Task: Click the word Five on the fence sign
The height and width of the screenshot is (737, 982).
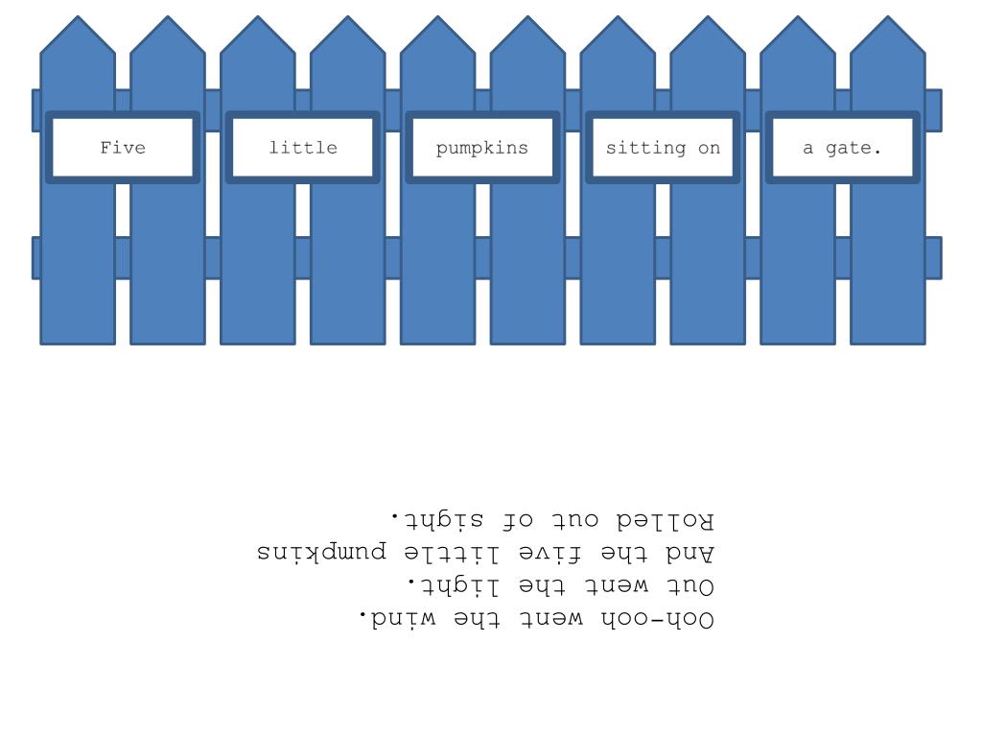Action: [x=123, y=148]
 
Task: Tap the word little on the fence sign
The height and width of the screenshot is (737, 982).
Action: [x=303, y=147]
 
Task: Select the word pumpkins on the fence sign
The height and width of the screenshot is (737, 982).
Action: [x=482, y=149]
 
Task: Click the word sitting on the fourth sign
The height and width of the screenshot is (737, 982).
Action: [x=645, y=149]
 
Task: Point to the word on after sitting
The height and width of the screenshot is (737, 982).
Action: [x=710, y=149]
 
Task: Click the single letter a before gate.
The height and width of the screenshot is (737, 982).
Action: [x=807, y=149]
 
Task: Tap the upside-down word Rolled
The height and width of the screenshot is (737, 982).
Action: [x=666, y=520]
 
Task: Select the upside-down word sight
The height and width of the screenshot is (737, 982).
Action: [x=438, y=519]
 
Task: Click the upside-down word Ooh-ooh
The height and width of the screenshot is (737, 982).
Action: [x=658, y=619]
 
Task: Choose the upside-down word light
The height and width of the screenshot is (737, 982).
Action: [x=454, y=585]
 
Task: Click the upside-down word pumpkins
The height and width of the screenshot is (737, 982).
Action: [x=322, y=552]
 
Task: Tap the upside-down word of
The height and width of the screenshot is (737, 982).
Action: [x=518, y=520]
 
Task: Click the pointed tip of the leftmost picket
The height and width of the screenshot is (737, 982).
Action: [x=78, y=15]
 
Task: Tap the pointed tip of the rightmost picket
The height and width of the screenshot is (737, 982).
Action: [x=888, y=15]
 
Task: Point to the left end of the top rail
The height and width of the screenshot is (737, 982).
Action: [x=33, y=111]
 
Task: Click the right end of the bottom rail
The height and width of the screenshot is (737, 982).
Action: [x=942, y=258]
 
